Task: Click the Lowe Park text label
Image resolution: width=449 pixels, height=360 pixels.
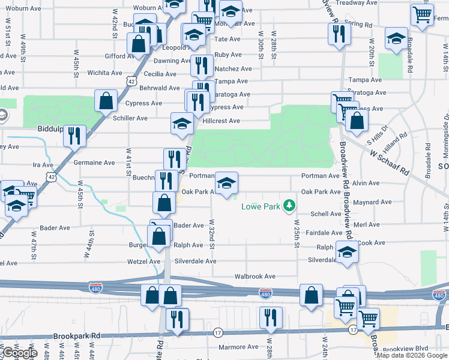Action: point(261,206)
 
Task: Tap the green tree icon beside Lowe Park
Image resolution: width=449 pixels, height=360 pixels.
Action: point(289,206)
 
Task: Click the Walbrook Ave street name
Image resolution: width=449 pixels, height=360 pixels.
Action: point(255,277)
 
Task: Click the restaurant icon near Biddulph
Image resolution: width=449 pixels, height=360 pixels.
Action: point(74,136)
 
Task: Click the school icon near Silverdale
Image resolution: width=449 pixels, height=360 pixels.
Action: point(346,252)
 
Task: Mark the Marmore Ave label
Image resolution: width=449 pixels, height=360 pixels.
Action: point(238,347)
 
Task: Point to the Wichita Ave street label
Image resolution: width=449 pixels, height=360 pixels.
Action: point(104,73)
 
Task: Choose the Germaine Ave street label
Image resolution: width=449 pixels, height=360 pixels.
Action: point(94,163)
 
